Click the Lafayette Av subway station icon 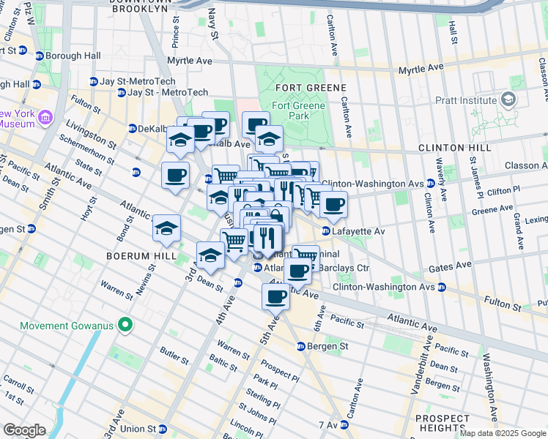[x=326, y=231]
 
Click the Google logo [x=24, y=430]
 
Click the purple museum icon [x=45, y=117]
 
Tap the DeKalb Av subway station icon [x=132, y=129]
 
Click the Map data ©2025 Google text [x=503, y=433]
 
